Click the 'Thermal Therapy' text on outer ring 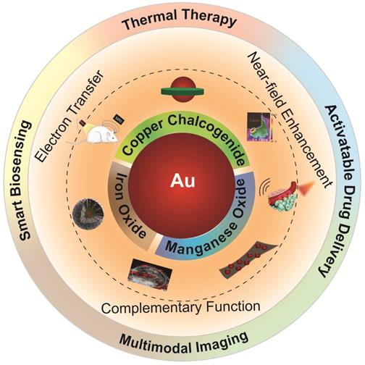pos(179,21)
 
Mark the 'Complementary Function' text pos(180,307)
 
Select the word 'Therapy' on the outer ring pos(209,21)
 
